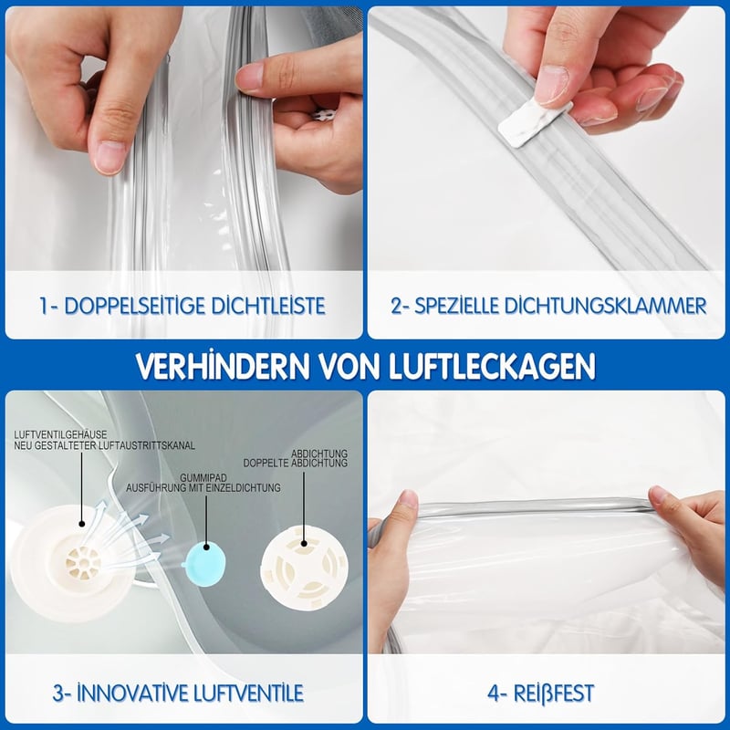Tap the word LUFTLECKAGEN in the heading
pyautogui.click(x=492, y=366)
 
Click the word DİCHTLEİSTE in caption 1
pyautogui.click(x=268, y=306)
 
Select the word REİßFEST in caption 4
pyautogui.click(x=554, y=693)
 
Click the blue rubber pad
pyautogui.click(x=205, y=562)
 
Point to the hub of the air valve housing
pyautogui.click(x=83, y=563)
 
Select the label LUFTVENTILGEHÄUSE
pyautogui.click(x=60, y=435)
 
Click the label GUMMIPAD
pyautogui.click(x=203, y=478)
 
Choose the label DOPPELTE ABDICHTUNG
pyautogui.click(x=295, y=464)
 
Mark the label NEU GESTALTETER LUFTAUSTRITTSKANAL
pyautogui.click(x=104, y=445)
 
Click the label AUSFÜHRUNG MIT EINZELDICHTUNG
pyautogui.click(x=203, y=488)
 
